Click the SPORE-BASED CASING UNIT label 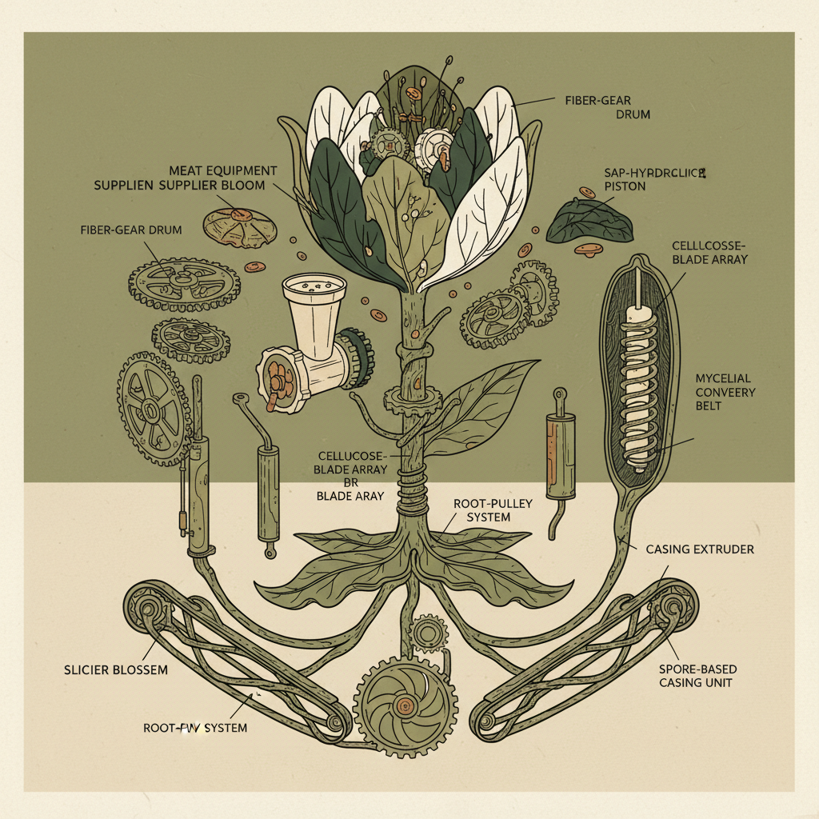click(x=697, y=675)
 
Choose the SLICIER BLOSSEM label click(x=116, y=669)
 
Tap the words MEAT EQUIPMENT click(x=223, y=171)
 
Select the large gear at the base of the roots click(x=406, y=705)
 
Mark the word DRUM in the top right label click(x=633, y=115)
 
